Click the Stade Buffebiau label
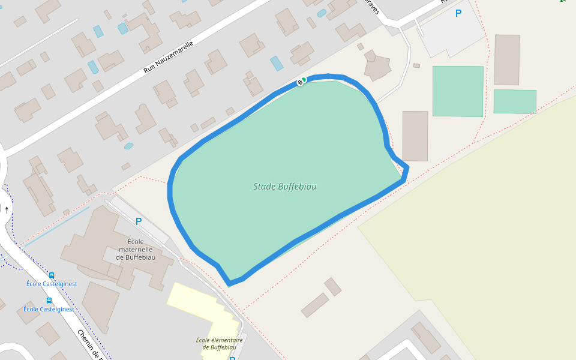[284, 187]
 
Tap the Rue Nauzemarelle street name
[169, 58]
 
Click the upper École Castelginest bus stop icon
[52, 276]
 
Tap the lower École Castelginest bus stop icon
[49, 301]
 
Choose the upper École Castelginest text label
[52, 284]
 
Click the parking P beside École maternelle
[139, 221]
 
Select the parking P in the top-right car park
[458, 13]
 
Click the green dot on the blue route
[304, 80]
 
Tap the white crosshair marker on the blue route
[300, 82]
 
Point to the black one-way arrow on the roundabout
[7, 209]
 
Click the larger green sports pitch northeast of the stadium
[458, 91]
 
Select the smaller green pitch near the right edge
[515, 101]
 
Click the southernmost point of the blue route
[230, 283]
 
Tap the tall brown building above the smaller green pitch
[507, 59]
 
